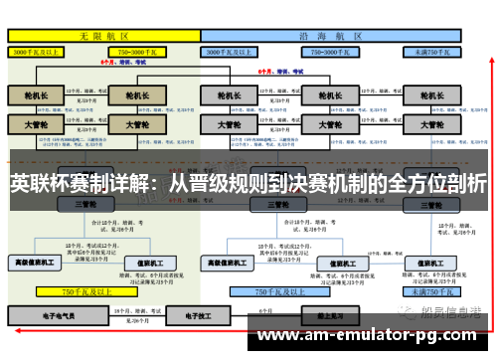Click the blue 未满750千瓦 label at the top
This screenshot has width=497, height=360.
point(435,50)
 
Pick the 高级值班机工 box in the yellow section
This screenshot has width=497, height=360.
point(35,263)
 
